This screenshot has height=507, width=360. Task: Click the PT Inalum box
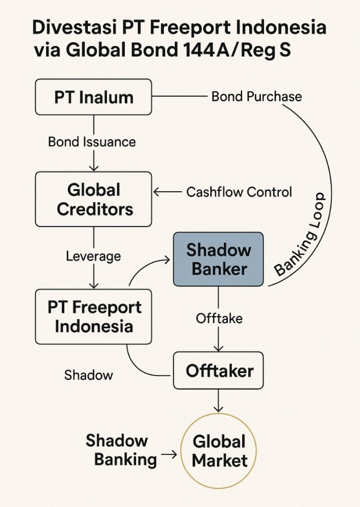(x=94, y=97)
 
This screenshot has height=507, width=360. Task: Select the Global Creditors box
(x=94, y=199)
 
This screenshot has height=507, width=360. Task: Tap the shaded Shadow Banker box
(x=218, y=259)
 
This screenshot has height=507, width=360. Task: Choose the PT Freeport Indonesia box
(x=94, y=317)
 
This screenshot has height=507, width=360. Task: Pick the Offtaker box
(x=219, y=370)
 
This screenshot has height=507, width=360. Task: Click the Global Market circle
(x=219, y=451)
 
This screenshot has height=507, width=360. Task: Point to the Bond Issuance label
(x=92, y=142)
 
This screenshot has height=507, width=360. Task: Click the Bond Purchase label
(x=257, y=96)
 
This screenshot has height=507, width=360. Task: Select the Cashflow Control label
(x=239, y=192)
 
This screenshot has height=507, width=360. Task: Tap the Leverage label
(x=93, y=256)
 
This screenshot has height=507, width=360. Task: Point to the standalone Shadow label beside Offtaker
(x=89, y=375)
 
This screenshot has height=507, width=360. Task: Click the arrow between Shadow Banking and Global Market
(x=169, y=454)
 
